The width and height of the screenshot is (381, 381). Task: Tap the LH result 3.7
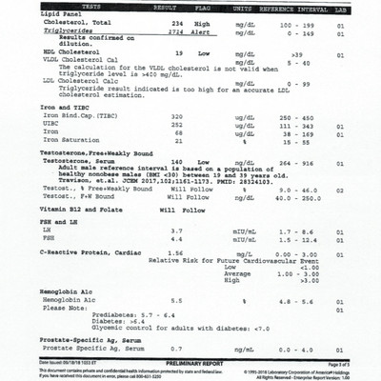(175, 258)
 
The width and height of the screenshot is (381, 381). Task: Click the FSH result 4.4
(175, 267)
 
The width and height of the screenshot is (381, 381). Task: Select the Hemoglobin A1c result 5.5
(175, 328)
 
